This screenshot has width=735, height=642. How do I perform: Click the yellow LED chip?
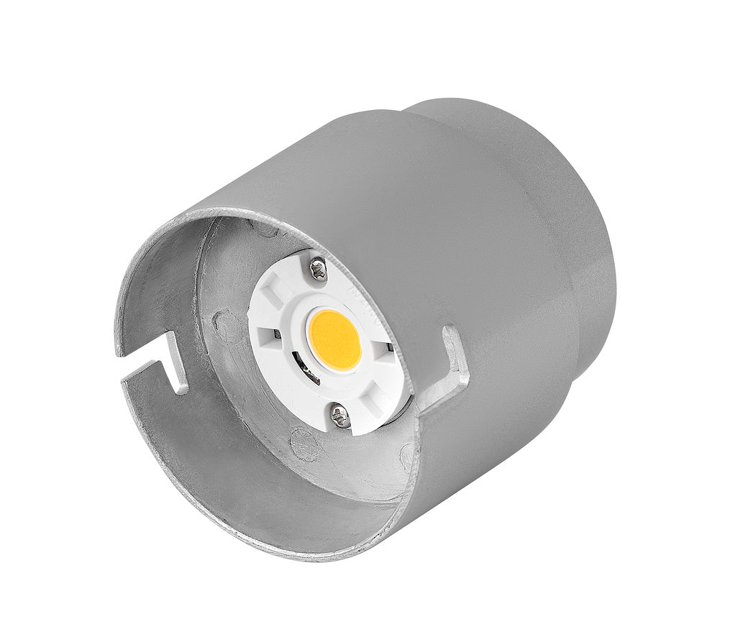point(334,340)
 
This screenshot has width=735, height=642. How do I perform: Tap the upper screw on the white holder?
point(318,270)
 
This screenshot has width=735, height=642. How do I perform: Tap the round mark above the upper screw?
point(266,229)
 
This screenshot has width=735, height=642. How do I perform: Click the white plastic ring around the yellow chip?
point(302,316)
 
